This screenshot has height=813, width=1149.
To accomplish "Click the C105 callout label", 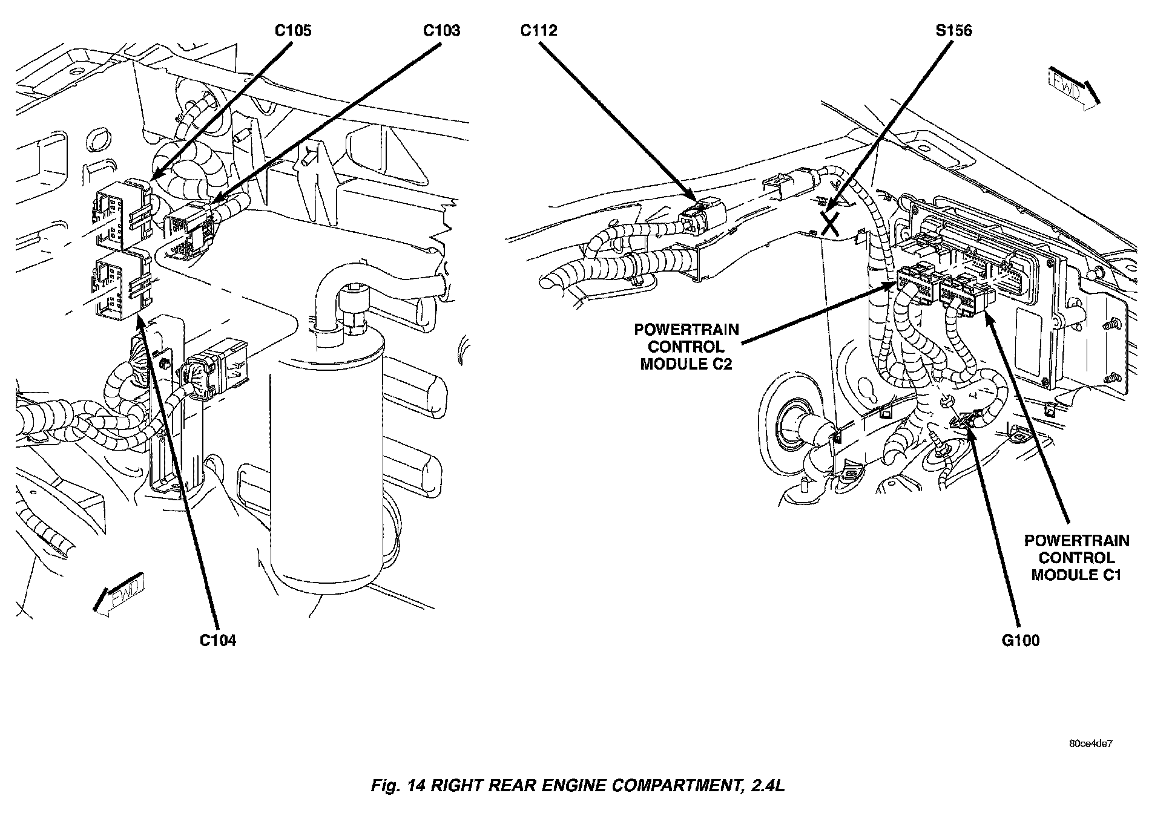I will click(x=293, y=30).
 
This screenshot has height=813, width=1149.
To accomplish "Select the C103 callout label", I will click(x=441, y=30).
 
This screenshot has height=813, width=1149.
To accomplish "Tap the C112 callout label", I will click(x=539, y=30).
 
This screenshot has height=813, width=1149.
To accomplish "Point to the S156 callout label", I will click(x=953, y=30).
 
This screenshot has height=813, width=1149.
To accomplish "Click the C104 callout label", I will click(x=218, y=640).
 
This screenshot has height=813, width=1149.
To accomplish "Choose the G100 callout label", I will click(x=1021, y=640).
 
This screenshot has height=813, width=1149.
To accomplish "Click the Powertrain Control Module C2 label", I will click(x=686, y=347).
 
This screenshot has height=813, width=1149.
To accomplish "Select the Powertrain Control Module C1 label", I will click(x=1076, y=557).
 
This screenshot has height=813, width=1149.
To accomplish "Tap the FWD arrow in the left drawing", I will click(x=119, y=593).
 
